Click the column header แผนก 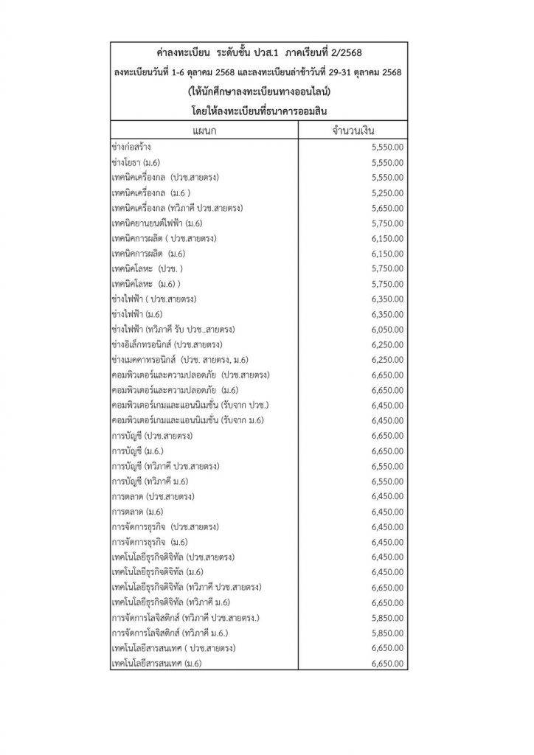pos(203,131)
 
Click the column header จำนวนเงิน pos(356,131)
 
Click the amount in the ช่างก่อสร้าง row pos(389,147)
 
